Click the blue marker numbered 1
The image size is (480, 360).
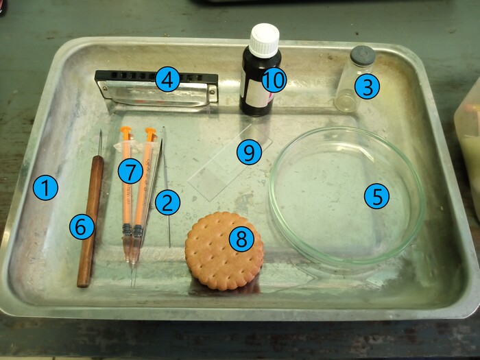click(x=45, y=188)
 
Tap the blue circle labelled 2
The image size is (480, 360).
click(x=167, y=202)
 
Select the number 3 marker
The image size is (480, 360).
click(x=367, y=86)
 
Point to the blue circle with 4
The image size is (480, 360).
click(x=167, y=79)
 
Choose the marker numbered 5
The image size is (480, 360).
click(x=376, y=196)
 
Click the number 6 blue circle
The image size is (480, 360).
click(x=82, y=227)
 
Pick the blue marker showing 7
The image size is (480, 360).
click(x=131, y=171)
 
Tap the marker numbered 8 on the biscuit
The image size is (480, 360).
click(x=241, y=239)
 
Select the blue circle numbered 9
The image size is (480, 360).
click(x=249, y=152)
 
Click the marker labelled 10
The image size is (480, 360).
click(x=274, y=80)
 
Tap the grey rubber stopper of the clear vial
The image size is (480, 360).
click(x=363, y=56)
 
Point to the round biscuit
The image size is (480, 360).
click(x=224, y=251)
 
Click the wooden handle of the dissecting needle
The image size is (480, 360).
click(x=91, y=221)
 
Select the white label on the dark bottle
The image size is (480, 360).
click(x=256, y=93)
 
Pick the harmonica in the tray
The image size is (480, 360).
click(x=157, y=88)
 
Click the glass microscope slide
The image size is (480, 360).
click(x=230, y=163)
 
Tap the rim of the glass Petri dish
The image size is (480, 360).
click(x=270, y=196)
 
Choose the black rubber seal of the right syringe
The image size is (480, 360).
click(x=138, y=231)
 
